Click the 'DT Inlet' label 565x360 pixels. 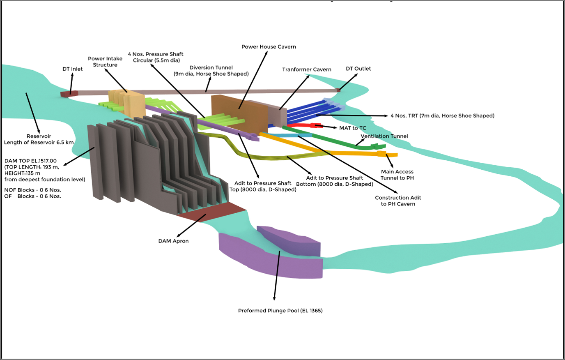click(72, 69)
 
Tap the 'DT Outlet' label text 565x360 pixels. click(358, 69)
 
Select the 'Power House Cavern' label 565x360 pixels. click(269, 47)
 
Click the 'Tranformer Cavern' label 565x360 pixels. click(306, 69)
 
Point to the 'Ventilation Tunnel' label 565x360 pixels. click(384, 136)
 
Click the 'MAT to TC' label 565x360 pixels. click(353, 128)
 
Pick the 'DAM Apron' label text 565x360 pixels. click(173, 241)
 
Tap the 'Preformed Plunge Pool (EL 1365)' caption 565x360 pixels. click(280, 311)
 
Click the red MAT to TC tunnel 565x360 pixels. click(303, 125)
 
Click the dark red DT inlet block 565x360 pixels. click(69, 94)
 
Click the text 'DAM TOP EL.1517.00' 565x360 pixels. click(30, 161)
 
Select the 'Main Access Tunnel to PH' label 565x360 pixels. click(397, 175)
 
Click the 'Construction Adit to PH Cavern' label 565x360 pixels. click(398, 201)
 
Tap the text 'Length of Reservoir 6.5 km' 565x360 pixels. click(39, 142)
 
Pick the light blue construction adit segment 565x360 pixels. click(290, 135)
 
